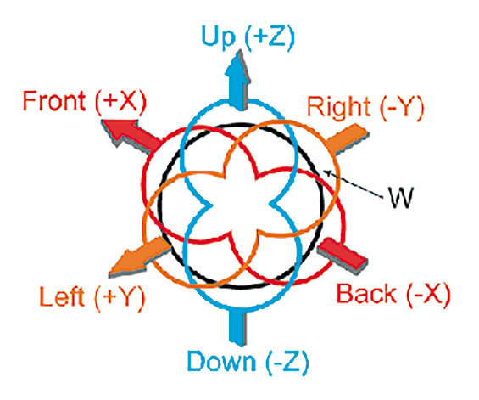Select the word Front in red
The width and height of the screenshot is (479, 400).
(x=54, y=101)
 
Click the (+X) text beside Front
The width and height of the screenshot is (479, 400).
(x=121, y=102)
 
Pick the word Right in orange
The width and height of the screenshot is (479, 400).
(x=339, y=107)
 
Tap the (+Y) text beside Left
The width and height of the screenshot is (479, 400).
(x=120, y=297)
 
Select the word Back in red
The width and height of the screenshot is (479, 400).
(x=366, y=293)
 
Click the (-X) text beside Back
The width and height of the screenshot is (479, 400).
(x=428, y=294)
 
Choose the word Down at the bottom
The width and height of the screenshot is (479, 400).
(x=221, y=361)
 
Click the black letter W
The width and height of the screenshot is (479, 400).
(x=401, y=197)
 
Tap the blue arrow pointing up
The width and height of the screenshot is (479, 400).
(x=237, y=80)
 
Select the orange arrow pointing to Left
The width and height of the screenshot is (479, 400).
(x=140, y=256)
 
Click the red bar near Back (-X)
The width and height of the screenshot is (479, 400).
(x=343, y=254)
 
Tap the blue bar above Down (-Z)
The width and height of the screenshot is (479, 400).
(x=237, y=327)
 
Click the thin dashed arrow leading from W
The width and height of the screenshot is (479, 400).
(x=354, y=184)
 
